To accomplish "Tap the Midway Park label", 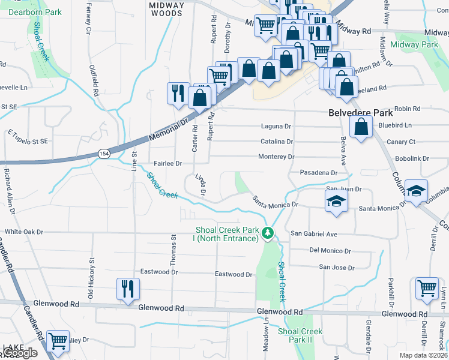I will click(414, 45).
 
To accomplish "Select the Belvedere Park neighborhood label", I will click(360, 113).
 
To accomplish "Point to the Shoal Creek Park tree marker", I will click(270, 233).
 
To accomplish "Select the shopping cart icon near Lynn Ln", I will click(427, 287).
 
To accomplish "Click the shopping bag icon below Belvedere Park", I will click(360, 127).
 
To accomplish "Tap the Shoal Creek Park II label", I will click(300, 335).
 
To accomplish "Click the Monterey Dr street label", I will click(277, 157).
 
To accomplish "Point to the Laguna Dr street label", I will click(276, 127).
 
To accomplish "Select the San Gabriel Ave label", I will click(315, 233).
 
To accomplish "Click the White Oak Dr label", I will click(25, 232).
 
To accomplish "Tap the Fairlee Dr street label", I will click(167, 163).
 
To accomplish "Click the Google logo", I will click(20, 353).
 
